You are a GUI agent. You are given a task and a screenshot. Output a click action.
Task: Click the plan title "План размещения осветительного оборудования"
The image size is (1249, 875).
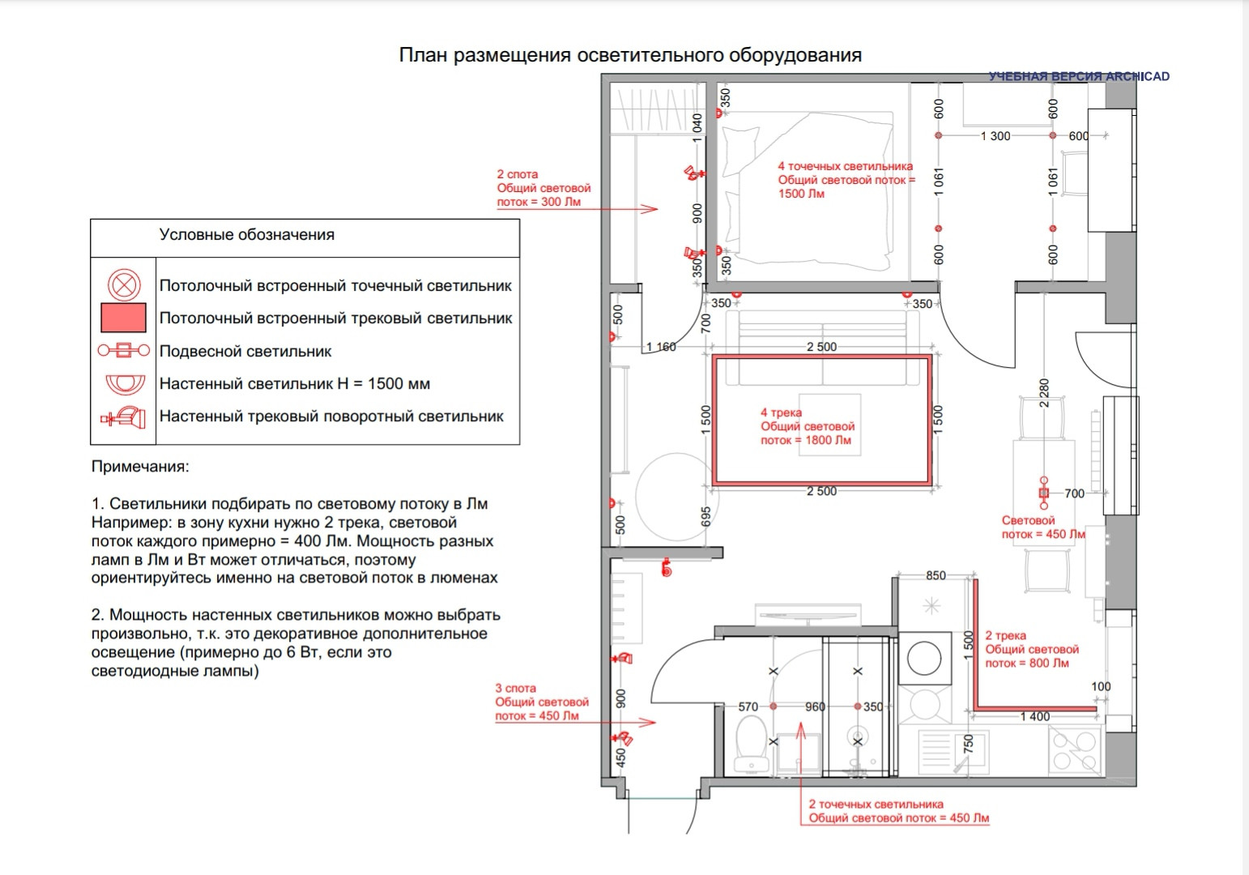pyautogui.click(x=630, y=55)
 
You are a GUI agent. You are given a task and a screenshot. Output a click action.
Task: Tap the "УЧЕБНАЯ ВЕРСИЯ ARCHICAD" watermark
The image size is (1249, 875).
pyautogui.click(x=1079, y=76)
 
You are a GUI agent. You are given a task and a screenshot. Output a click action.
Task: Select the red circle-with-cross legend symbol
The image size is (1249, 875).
pyautogui.click(x=124, y=285)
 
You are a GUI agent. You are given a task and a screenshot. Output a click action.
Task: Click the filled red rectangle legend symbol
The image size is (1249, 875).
pyautogui.click(x=123, y=318)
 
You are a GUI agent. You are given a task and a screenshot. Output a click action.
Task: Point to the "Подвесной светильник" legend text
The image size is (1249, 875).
pyautogui.click(x=245, y=352)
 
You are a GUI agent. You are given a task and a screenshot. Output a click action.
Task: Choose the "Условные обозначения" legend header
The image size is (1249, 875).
pyautogui.click(x=247, y=235)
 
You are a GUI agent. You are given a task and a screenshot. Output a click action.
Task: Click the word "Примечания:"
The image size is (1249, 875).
pyautogui.click(x=140, y=467)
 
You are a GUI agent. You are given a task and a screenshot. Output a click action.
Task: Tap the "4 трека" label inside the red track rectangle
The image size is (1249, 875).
pyautogui.click(x=781, y=412)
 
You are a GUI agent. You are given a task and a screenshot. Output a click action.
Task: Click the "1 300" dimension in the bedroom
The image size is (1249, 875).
pyautogui.click(x=995, y=136)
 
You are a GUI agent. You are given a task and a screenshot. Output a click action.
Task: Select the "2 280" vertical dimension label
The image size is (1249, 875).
pyautogui.click(x=1044, y=392)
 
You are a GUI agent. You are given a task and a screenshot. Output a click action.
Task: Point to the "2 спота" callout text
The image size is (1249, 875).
pyautogui.click(x=518, y=174)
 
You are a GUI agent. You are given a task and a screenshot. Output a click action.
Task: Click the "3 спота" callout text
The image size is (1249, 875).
pyautogui.click(x=516, y=688)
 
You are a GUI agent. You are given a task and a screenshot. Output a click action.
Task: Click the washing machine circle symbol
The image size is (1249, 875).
pyautogui.click(x=923, y=657)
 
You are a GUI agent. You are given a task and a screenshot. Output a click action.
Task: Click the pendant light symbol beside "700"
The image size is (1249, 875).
pyautogui.click(x=1044, y=492)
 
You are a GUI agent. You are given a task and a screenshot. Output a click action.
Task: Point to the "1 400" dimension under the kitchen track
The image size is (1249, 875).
pyautogui.click(x=1034, y=717)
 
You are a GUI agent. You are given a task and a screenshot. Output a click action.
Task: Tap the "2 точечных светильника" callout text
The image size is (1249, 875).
pyautogui.click(x=876, y=805)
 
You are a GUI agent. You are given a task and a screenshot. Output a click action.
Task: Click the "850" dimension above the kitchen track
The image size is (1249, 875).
pyautogui.click(x=936, y=575)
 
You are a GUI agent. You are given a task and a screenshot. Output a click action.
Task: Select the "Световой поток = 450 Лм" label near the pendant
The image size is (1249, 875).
pyautogui.click(x=1043, y=527)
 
